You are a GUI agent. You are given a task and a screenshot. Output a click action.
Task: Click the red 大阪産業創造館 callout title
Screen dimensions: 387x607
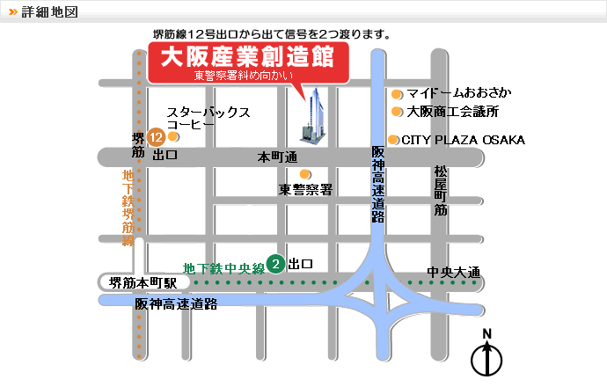(248, 58)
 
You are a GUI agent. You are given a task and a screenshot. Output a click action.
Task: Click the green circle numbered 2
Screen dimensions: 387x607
(275, 263)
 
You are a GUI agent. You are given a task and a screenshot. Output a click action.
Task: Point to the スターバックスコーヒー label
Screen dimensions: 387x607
(208, 119)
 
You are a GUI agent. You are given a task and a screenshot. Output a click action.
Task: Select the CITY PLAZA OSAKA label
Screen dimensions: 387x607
(464, 140)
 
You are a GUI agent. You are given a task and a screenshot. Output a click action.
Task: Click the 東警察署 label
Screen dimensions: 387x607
(305, 189)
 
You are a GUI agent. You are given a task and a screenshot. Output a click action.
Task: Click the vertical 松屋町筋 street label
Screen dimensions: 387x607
(441, 191)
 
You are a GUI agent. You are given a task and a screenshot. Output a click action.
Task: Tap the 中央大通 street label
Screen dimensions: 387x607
(453, 272)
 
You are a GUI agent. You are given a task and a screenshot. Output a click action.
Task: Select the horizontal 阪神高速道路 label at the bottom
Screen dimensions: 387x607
(176, 304)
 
